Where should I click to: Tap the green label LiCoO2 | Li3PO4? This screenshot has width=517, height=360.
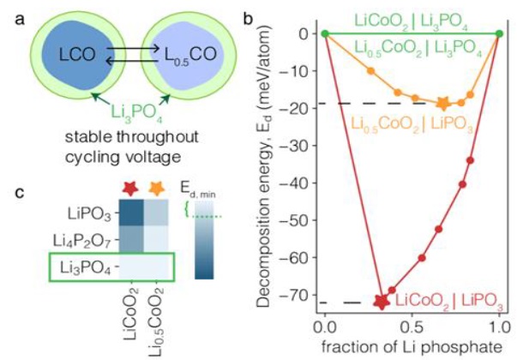pyautogui.click(x=412, y=18)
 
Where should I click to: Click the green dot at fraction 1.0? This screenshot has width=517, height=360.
pyautogui.click(x=500, y=33)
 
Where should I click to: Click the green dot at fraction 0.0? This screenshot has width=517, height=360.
pyautogui.click(x=325, y=33)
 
